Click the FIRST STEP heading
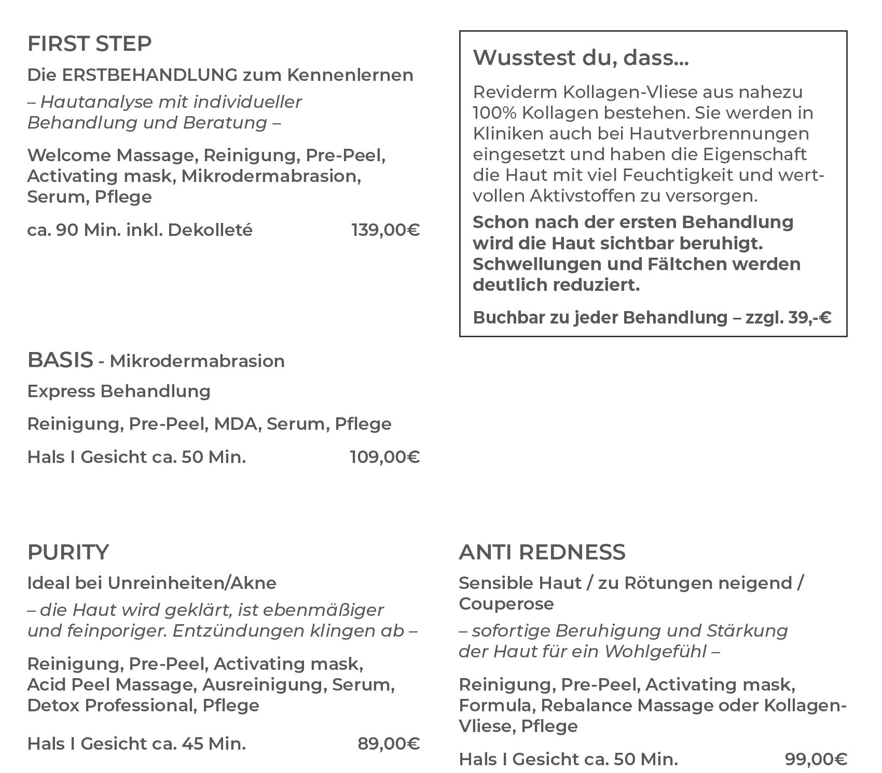click(89, 44)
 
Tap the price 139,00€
click(385, 230)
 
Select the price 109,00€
click(384, 457)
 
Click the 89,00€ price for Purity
click(388, 744)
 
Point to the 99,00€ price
click(816, 760)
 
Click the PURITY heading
click(68, 553)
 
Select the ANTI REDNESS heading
click(542, 553)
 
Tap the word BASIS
click(60, 360)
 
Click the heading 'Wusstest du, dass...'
click(581, 58)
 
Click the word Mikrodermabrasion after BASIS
click(197, 361)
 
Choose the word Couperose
click(506, 604)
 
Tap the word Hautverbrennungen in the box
click(719, 134)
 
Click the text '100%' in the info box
click(495, 113)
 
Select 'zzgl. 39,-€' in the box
click(788, 318)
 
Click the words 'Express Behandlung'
click(119, 391)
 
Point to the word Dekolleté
click(210, 230)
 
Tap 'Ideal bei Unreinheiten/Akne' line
click(152, 583)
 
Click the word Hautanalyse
click(97, 102)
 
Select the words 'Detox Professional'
click(112, 706)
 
